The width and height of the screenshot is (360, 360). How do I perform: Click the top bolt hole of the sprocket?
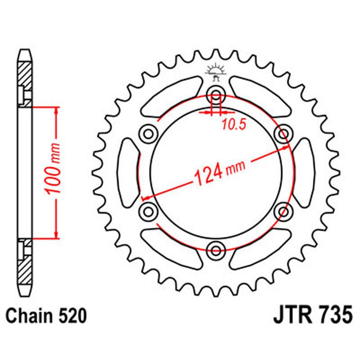click(x=216, y=93)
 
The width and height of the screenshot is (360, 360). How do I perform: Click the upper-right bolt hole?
click(x=283, y=133)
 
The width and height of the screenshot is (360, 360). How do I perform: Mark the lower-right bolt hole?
click(x=283, y=211)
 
